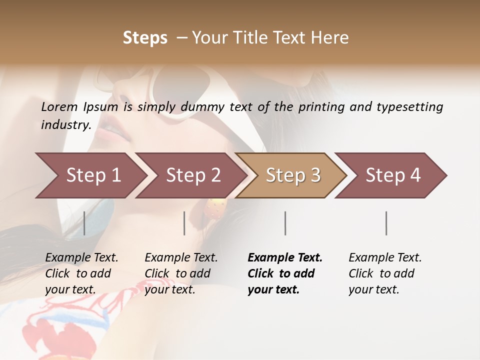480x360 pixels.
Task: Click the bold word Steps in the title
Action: [145, 37]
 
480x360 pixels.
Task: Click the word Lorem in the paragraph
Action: [59, 106]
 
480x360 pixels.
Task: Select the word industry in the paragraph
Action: [66, 124]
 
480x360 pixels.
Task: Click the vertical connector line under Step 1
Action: [84, 223]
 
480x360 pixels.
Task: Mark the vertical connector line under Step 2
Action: [184, 223]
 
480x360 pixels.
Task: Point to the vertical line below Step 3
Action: [285, 223]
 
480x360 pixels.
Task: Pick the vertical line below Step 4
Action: [386, 223]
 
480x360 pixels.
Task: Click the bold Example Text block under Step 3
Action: [284, 273]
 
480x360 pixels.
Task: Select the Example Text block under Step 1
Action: [81, 273]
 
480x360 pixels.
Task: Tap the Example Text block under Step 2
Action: [180, 273]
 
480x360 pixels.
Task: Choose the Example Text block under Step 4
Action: [384, 273]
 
